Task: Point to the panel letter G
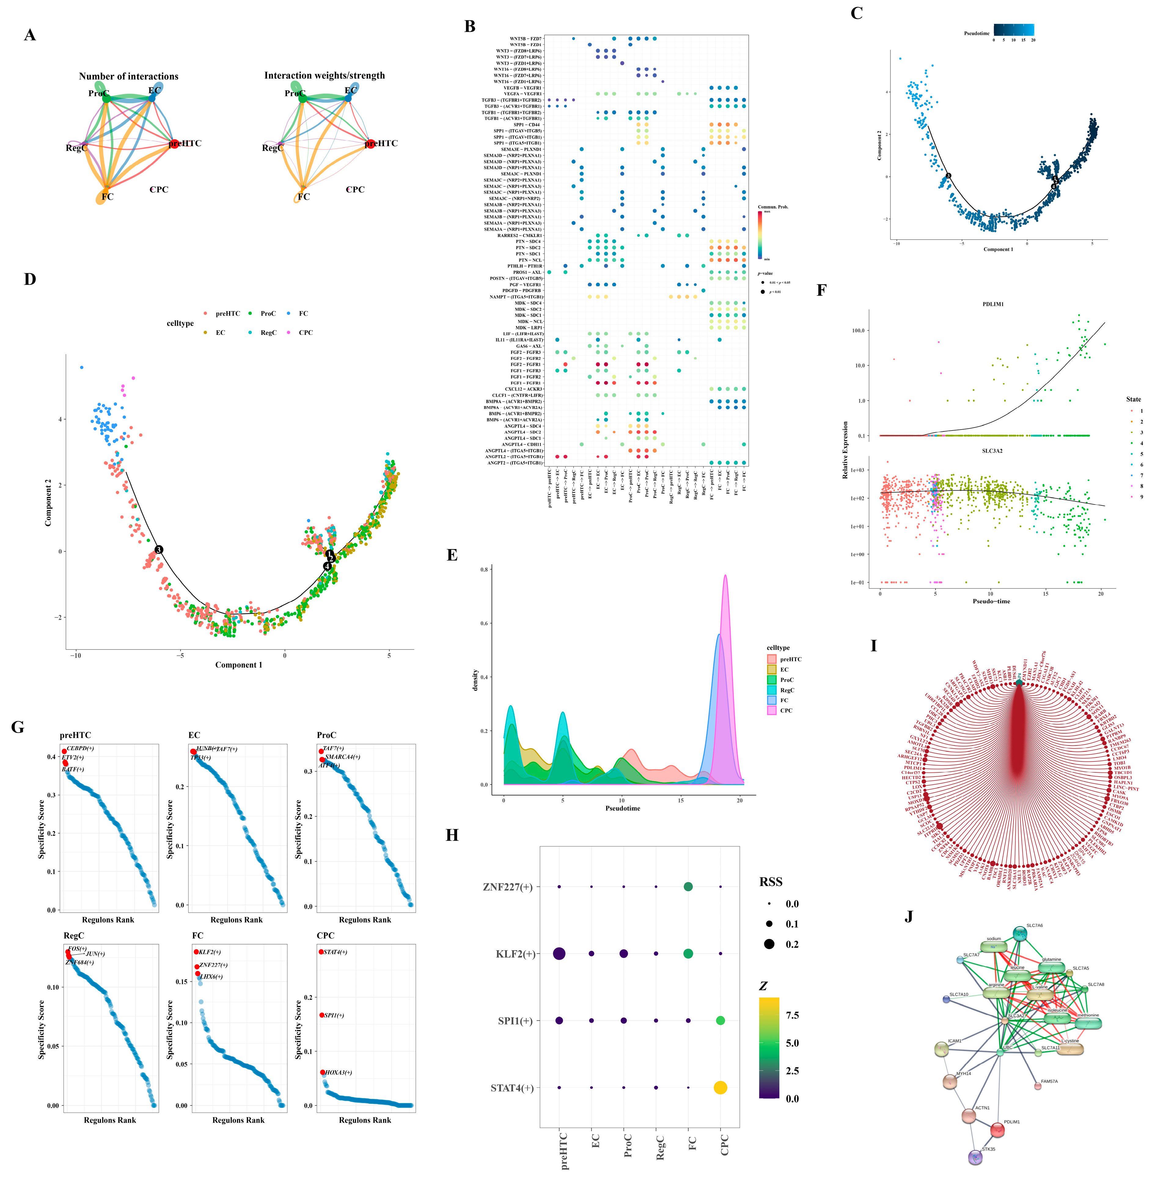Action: [18, 727]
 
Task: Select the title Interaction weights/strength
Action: [324, 76]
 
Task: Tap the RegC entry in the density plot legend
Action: [787, 690]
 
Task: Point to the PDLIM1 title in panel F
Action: [992, 304]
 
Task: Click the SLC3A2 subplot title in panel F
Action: [992, 451]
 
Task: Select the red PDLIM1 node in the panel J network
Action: [997, 1129]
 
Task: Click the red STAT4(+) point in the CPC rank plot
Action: [321, 951]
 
